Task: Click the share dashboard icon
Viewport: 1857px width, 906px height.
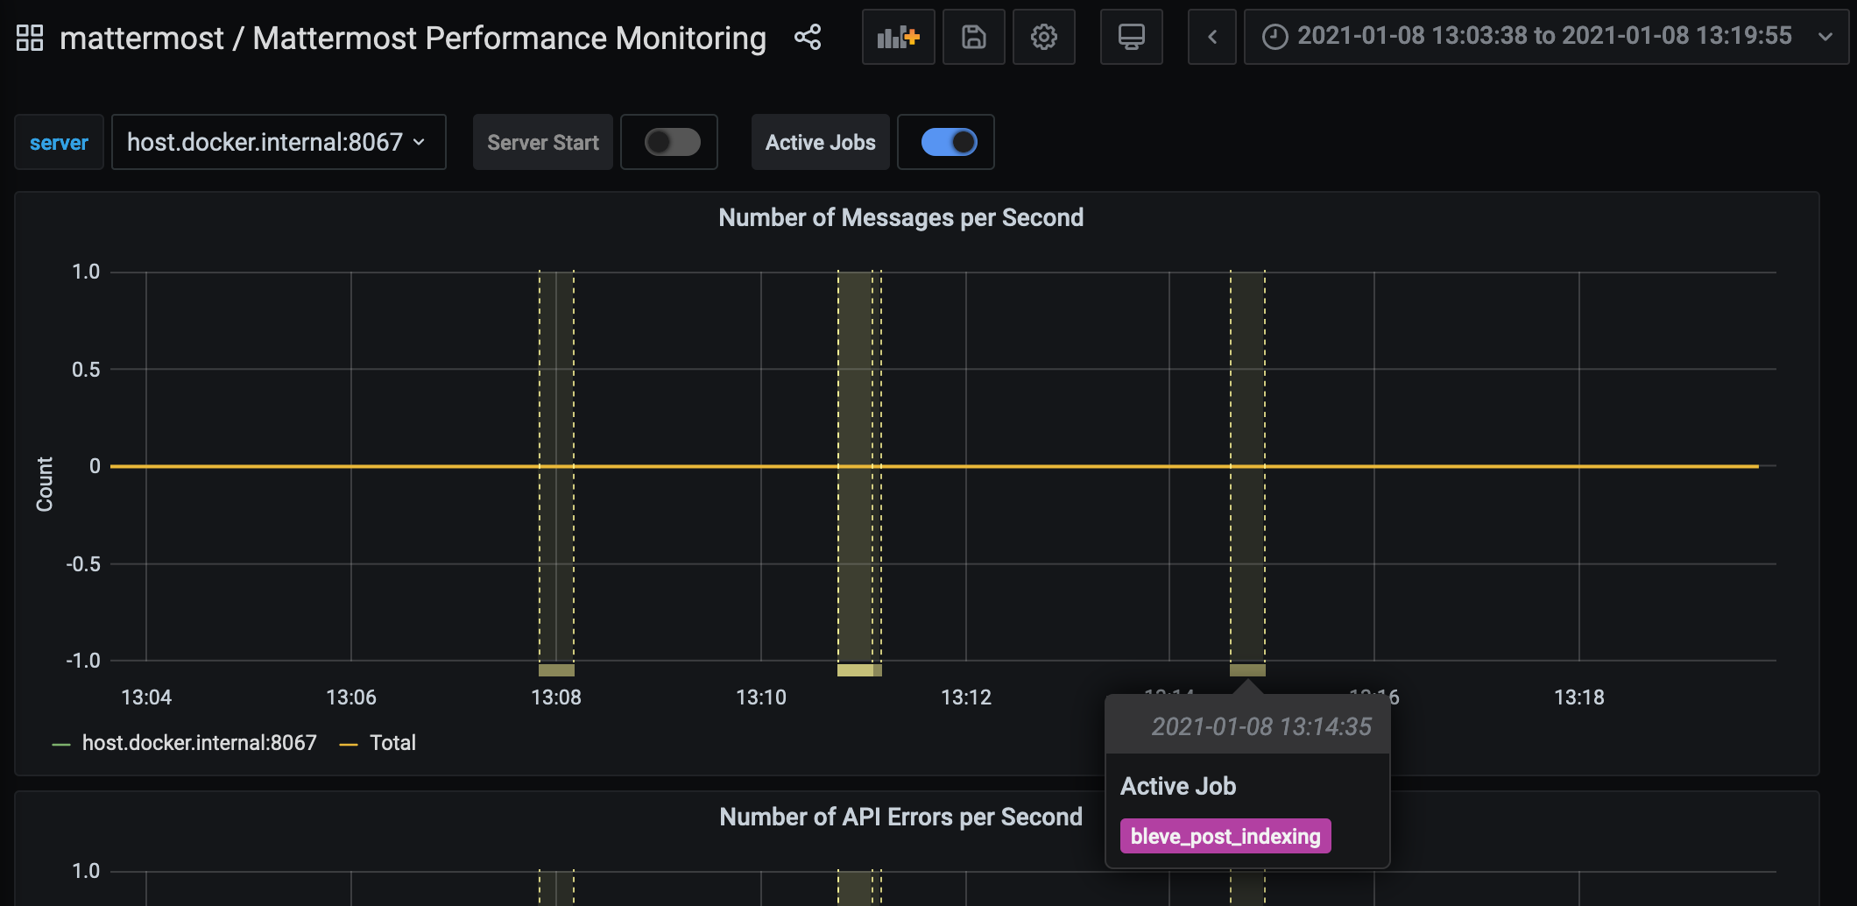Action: (x=807, y=37)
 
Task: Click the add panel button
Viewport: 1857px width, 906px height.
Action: (x=898, y=37)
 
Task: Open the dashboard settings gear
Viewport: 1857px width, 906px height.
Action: (x=1043, y=37)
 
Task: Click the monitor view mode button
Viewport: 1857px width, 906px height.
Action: (x=1131, y=37)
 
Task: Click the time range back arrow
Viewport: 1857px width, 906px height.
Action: (x=1212, y=37)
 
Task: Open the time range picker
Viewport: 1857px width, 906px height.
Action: (x=1545, y=37)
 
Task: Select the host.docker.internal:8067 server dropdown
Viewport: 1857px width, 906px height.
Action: (x=278, y=142)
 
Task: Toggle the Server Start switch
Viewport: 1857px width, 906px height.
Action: (x=672, y=142)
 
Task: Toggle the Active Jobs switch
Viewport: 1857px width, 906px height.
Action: (x=949, y=142)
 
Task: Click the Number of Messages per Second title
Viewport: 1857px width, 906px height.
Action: (x=900, y=217)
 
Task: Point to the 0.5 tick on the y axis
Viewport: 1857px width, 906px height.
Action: (x=86, y=370)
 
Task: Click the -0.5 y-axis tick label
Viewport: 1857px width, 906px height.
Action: (x=83, y=564)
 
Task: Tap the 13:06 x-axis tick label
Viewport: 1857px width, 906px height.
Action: (x=350, y=697)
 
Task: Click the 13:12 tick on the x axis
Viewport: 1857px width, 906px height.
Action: (x=965, y=697)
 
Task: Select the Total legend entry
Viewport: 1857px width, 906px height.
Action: (x=392, y=743)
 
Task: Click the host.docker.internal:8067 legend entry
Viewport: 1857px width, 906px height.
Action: (x=199, y=743)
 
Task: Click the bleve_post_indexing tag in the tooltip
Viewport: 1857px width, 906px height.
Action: (x=1225, y=836)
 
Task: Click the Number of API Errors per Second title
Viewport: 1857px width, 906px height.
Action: (x=900, y=817)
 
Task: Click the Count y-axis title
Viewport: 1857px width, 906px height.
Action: (x=45, y=484)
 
